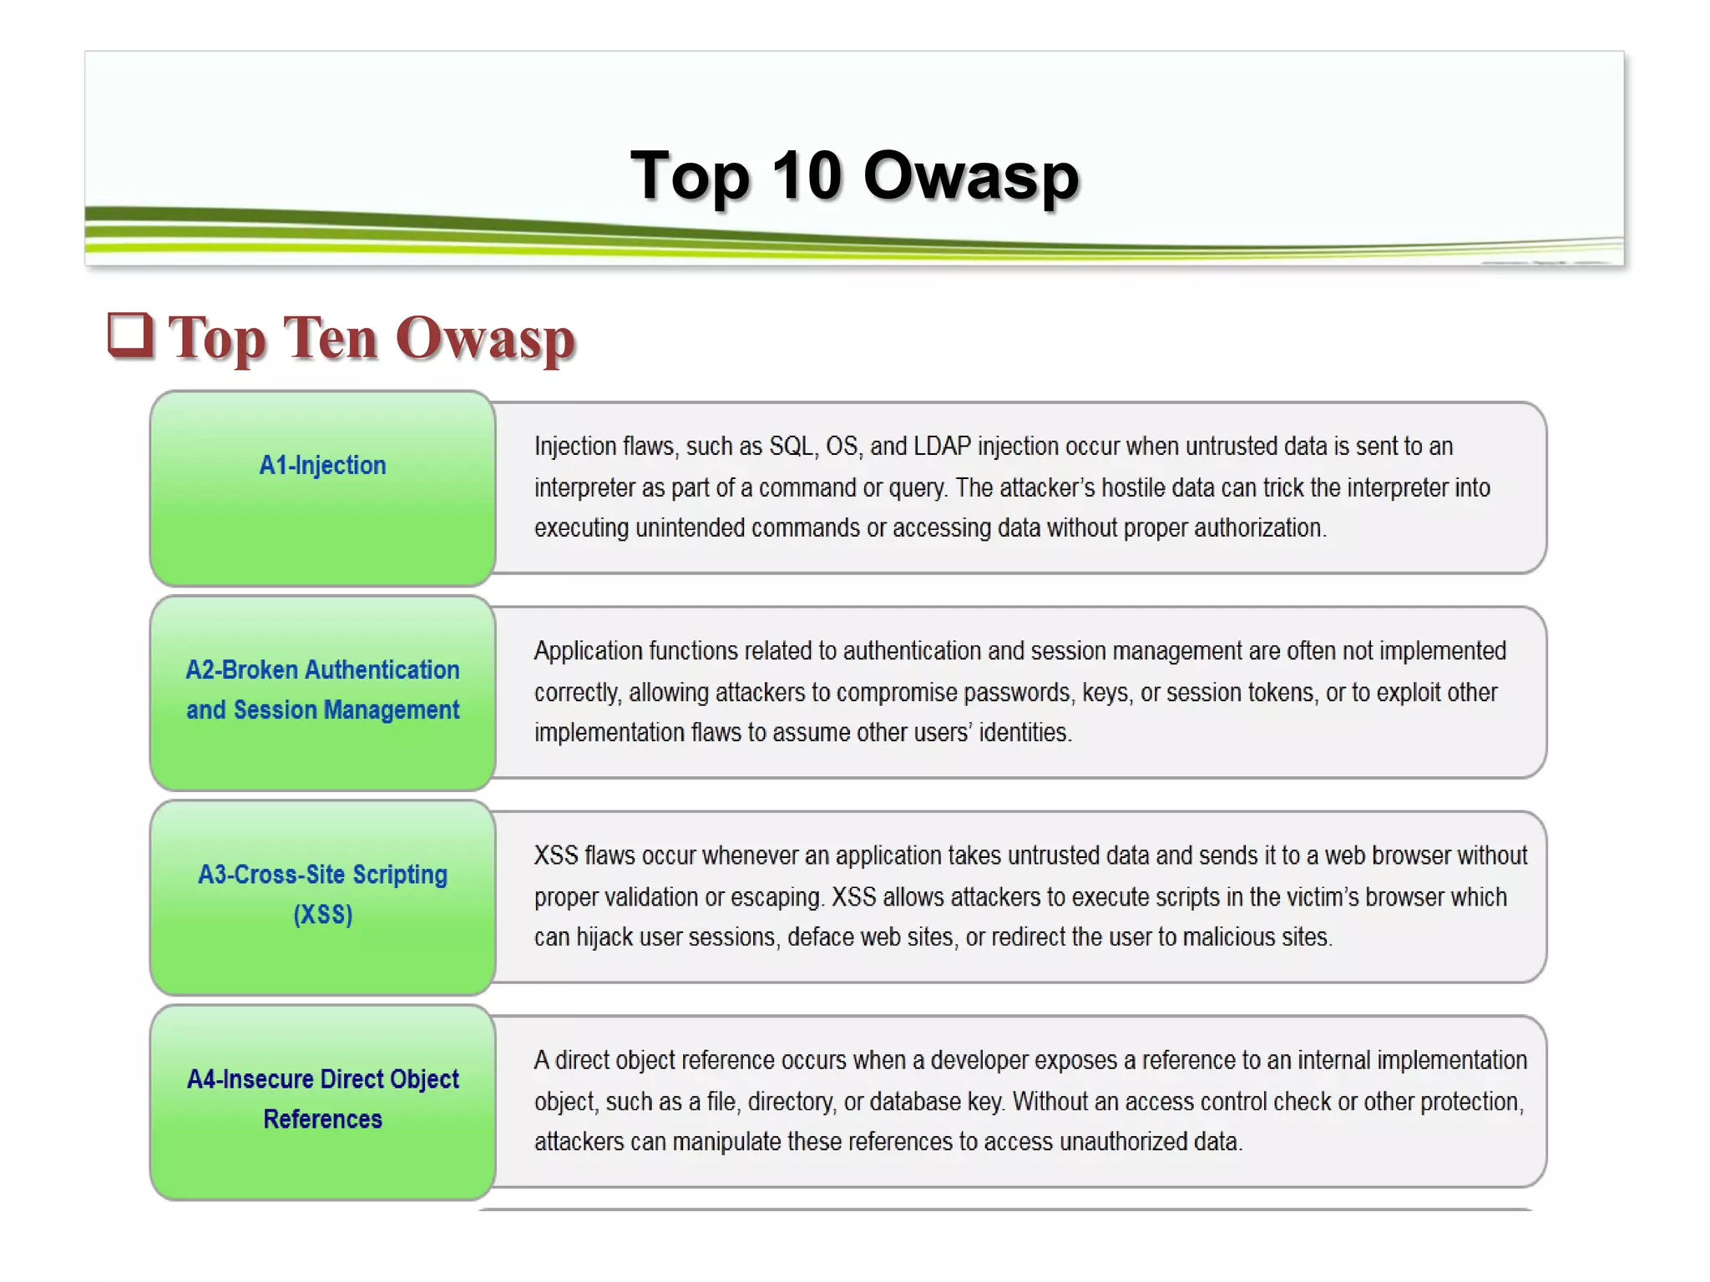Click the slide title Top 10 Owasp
point(854,176)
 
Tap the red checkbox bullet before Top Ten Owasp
point(130,336)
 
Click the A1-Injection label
point(322,465)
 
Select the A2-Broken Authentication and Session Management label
point(322,689)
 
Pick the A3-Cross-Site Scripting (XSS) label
point(322,894)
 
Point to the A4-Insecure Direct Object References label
point(322,1098)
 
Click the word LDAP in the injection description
point(942,447)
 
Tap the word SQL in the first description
point(791,447)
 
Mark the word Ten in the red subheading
point(330,338)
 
